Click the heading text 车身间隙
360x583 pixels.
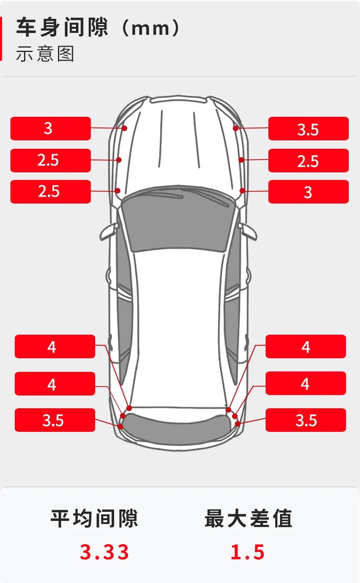click(x=62, y=27)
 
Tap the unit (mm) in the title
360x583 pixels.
click(x=151, y=28)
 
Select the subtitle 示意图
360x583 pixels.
click(x=45, y=54)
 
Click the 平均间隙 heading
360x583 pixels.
click(x=94, y=518)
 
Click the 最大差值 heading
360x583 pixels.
click(x=248, y=518)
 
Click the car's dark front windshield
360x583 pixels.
click(x=178, y=219)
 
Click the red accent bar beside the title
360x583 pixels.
click(x=1, y=38)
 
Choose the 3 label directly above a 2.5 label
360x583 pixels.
click(x=50, y=128)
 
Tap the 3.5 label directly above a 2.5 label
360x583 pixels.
click(x=308, y=128)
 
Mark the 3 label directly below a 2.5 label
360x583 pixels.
click(x=308, y=192)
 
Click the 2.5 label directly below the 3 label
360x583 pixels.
click(x=50, y=160)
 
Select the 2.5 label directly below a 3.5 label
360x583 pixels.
click(x=308, y=160)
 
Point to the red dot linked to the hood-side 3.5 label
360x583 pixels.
click(x=236, y=128)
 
